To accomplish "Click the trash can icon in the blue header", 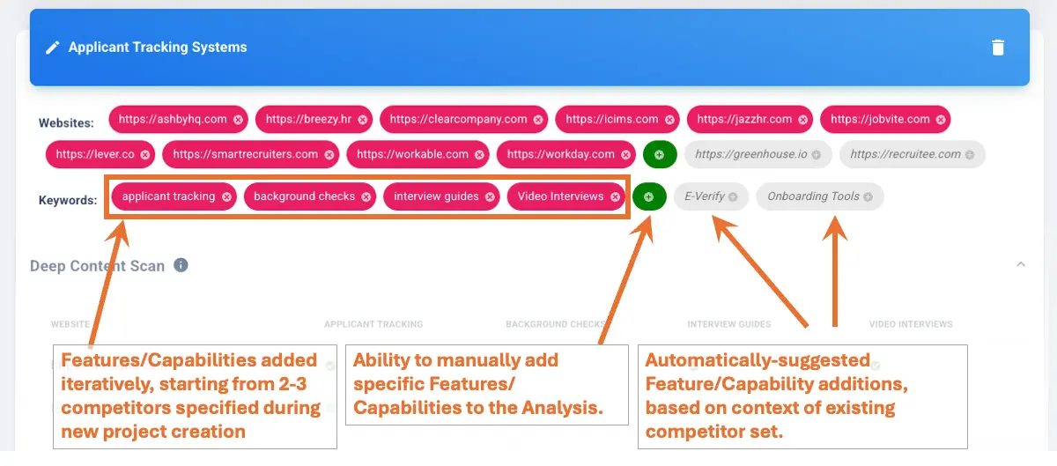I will point(998,48).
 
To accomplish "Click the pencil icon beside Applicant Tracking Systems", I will point(53,48).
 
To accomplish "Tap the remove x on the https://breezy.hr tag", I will point(362,120).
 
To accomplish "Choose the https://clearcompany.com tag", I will point(458,119).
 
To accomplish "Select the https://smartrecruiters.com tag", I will point(245,154).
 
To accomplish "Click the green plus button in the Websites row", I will point(660,154).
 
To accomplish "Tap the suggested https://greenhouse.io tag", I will point(750,154).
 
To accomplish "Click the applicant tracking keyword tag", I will point(168,196).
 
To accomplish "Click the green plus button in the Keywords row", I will point(649,196).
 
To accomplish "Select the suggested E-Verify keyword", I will point(705,196).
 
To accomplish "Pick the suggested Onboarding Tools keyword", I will point(813,196).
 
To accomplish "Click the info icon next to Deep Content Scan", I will point(181,265).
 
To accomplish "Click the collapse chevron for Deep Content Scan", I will point(1021,264).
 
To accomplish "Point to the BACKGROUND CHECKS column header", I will point(556,324).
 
